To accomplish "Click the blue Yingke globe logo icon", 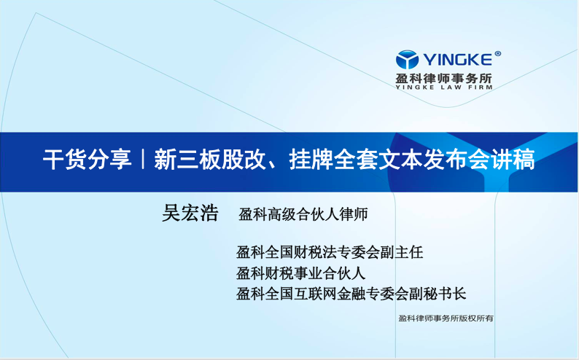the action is (407, 59).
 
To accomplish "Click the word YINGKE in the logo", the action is (457, 59).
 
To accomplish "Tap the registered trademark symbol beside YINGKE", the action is (497, 53).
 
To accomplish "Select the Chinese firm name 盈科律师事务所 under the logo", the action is (444, 78).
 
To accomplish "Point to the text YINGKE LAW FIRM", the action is (444, 87).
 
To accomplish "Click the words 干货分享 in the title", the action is (88, 160).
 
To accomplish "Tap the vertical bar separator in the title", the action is (142, 160).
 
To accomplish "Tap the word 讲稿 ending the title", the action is (513, 160).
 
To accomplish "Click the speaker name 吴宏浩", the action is (190, 213).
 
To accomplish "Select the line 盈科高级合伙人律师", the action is (303, 214).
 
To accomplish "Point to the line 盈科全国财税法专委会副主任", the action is (330, 252).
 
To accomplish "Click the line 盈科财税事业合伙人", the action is (301, 273).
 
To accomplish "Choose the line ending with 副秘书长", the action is (351, 294).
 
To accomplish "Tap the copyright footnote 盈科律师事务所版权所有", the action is (446, 318).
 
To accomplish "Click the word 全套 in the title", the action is (356, 160).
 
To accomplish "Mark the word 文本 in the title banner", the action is (400, 160).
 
